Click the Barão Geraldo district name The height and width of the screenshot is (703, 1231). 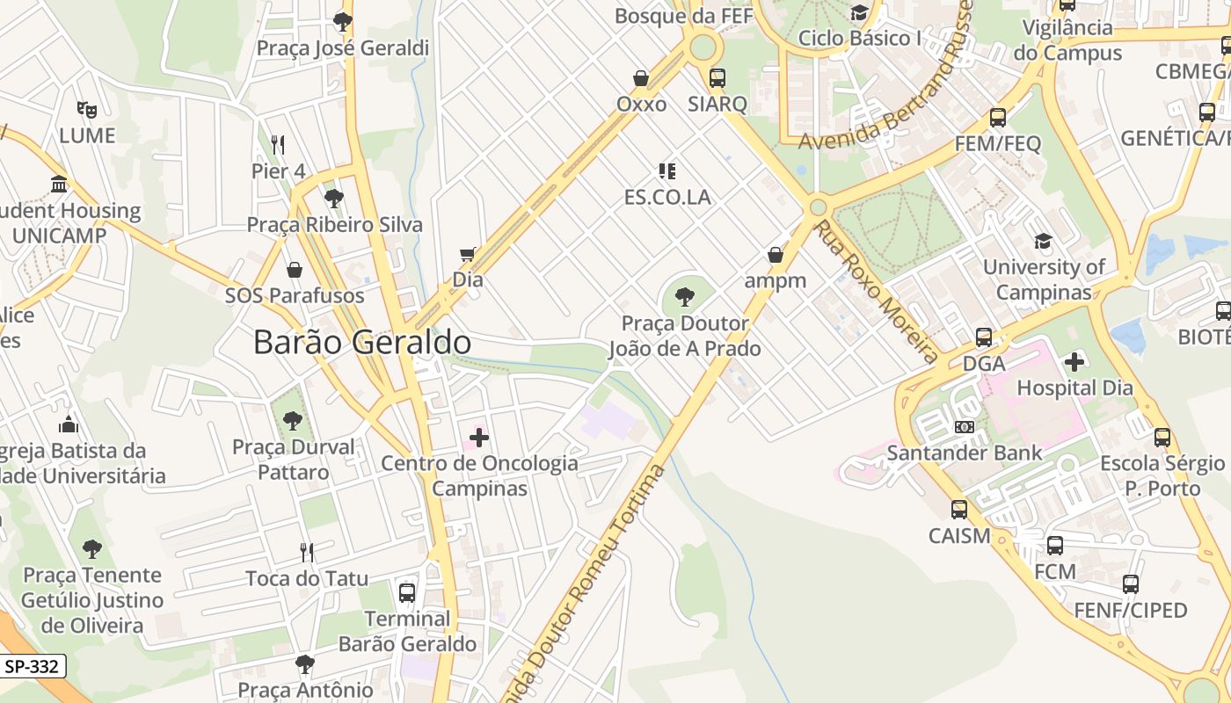click(x=361, y=342)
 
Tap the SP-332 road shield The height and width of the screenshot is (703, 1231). click(x=32, y=666)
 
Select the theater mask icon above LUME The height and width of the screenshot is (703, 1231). click(x=86, y=109)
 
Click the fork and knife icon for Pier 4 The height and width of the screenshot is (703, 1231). click(x=278, y=144)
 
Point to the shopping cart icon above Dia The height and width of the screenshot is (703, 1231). click(x=468, y=255)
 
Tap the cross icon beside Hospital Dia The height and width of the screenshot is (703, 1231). click(x=1074, y=361)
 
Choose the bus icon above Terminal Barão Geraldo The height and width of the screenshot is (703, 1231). click(x=406, y=592)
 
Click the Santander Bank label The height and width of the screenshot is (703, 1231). click(x=964, y=453)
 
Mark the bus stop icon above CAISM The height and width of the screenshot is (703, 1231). click(x=958, y=509)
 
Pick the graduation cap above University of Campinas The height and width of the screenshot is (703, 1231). click(x=1043, y=241)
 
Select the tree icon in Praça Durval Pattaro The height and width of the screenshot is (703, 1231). click(x=293, y=420)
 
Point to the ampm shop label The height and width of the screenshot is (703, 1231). click(x=775, y=280)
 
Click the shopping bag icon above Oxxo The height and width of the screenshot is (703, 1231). click(x=641, y=78)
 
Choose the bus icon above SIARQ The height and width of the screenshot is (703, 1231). click(x=717, y=77)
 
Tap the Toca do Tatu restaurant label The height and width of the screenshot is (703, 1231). click(x=306, y=578)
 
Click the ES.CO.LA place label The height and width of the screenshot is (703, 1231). click(x=666, y=197)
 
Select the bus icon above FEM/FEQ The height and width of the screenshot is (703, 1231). click(x=997, y=117)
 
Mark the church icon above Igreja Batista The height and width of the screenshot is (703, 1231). click(x=69, y=425)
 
